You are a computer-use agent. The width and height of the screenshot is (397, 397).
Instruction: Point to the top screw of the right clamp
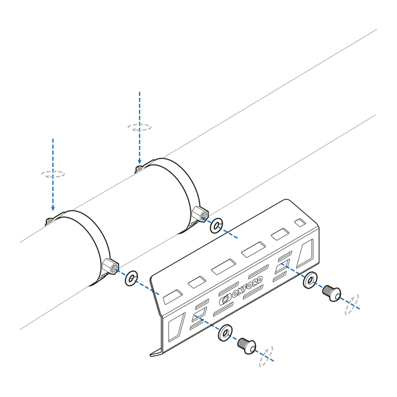[139, 169]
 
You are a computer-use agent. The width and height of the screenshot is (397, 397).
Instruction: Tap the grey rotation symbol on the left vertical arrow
[53, 174]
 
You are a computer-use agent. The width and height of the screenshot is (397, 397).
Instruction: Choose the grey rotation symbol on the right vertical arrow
[139, 127]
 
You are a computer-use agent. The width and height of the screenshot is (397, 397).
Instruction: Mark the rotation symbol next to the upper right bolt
[352, 304]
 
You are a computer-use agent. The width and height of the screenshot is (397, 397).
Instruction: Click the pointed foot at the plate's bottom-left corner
[156, 353]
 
